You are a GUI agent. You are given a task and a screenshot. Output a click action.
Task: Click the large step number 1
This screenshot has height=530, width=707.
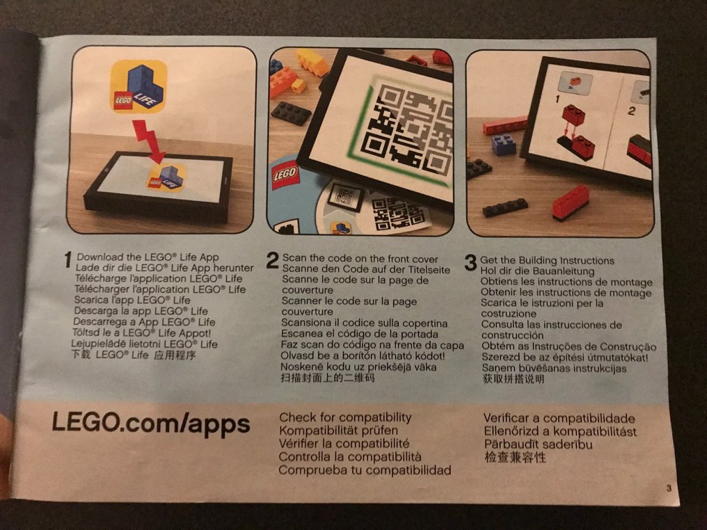67,260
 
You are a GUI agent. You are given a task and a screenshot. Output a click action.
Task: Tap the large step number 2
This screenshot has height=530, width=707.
272,261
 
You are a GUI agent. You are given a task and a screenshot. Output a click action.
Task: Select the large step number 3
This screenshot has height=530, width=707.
470,263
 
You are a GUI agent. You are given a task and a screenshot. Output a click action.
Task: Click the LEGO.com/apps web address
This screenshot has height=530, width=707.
150,424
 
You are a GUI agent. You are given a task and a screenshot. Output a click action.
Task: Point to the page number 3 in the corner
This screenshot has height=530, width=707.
669,488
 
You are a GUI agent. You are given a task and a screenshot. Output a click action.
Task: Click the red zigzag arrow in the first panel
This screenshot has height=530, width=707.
148,140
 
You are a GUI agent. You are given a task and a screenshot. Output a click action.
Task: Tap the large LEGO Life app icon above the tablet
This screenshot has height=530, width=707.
139,86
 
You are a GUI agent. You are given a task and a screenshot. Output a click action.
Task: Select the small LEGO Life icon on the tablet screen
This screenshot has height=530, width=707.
166,177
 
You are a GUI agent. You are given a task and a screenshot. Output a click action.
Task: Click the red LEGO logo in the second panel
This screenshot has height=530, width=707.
285,175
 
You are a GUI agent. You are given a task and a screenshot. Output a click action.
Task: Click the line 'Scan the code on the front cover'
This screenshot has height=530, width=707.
360,259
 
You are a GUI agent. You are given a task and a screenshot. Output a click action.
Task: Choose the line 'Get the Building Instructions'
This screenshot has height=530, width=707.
547,260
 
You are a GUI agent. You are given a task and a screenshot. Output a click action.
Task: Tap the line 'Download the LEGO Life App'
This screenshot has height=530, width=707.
148,257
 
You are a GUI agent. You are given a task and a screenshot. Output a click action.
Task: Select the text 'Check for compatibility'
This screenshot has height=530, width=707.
345,417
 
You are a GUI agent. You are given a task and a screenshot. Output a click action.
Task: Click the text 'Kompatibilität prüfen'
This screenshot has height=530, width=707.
339,431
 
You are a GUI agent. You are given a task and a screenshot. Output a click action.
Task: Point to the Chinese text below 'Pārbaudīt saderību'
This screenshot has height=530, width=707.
515,458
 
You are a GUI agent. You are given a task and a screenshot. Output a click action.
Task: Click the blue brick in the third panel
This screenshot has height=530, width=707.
502,144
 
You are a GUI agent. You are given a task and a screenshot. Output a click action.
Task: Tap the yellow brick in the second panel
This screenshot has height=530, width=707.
312,62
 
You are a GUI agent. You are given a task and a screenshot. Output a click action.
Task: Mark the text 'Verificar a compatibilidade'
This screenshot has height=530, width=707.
559,418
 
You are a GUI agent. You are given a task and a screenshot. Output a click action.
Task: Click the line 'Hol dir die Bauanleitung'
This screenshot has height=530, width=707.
537,271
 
